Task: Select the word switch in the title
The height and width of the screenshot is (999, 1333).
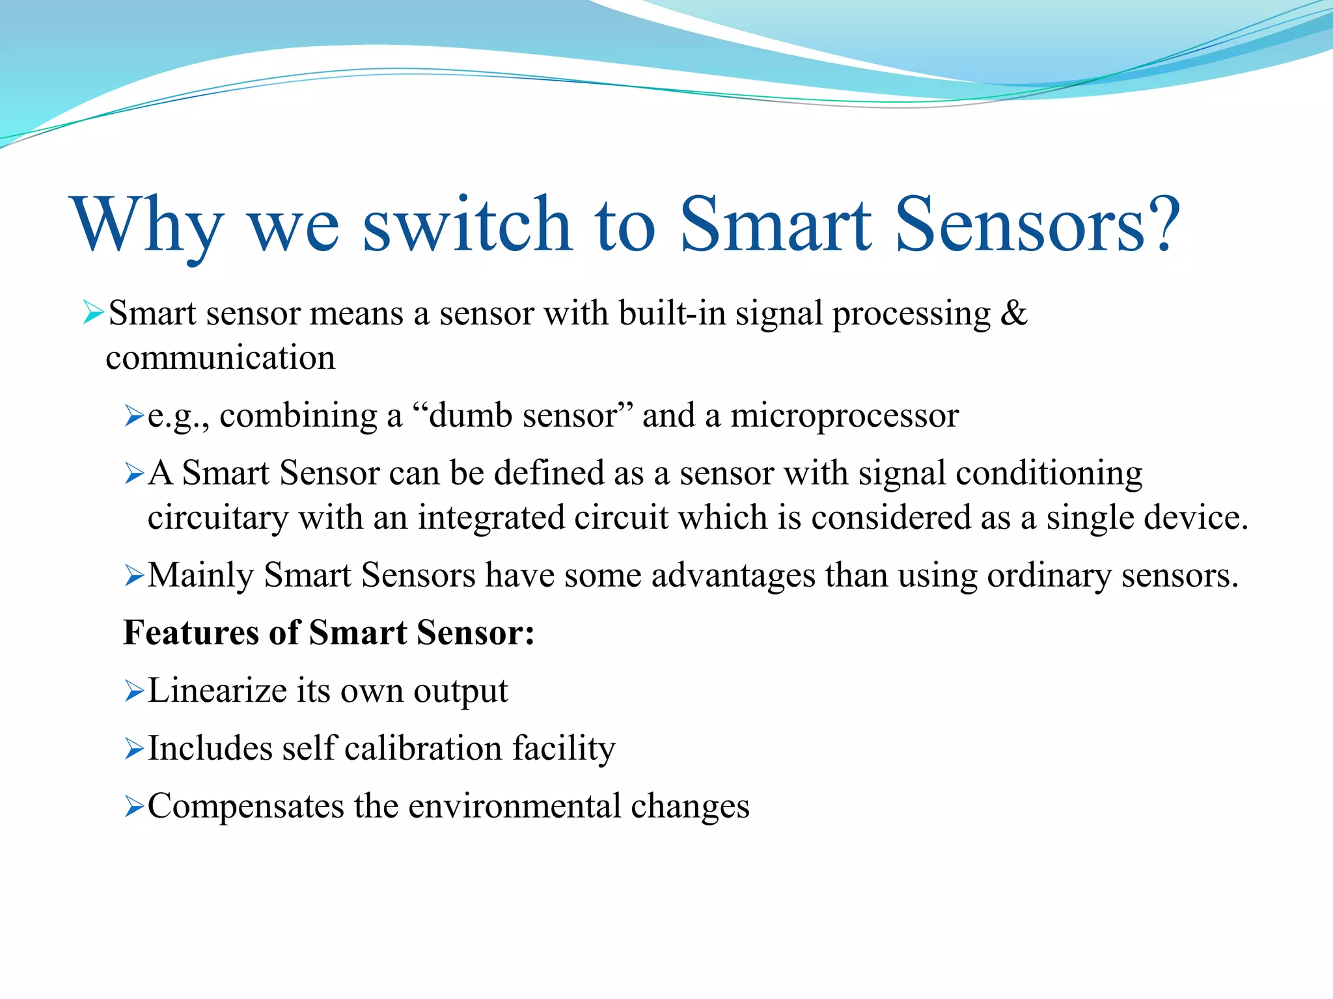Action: pos(467,224)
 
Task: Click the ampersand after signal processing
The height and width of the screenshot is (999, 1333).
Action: pos(1013,313)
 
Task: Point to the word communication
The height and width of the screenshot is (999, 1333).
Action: pos(221,358)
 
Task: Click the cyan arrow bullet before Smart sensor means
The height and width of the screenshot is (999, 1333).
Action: pos(93,313)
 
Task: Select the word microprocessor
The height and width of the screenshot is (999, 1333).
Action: pos(844,416)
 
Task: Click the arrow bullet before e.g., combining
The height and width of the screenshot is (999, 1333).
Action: pos(133,416)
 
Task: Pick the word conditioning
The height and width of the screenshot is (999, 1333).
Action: pos(1049,473)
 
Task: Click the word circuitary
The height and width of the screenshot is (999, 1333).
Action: pos(218,518)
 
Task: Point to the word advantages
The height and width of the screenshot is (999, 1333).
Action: pos(733,576)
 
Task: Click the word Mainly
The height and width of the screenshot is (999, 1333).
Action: pos(201,576)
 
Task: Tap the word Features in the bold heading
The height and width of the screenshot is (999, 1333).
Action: pos(191,633)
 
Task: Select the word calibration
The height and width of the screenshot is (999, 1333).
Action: pos(423,749)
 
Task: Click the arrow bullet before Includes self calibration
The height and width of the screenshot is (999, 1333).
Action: pos(133,749)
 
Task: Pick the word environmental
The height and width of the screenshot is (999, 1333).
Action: pos(514,806)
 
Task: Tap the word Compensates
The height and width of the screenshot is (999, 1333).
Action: pos(245,806)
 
